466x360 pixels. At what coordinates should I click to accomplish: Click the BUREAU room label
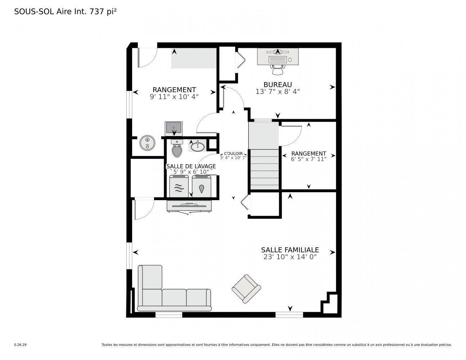(x=277, y=85)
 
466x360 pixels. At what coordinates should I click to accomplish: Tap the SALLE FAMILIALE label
(x=290, y=250)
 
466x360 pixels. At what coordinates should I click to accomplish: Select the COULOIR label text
(x=233, y=153)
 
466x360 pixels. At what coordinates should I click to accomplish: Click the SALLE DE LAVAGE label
(x=191, y=166)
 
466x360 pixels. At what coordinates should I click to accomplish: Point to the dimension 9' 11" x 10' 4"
(x=174, y=96)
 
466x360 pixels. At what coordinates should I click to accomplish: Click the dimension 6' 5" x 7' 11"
(x=308, y=159)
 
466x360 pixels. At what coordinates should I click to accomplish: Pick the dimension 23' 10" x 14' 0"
(x=290, y=257)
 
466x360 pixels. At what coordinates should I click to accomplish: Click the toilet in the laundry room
(x=177, y=149)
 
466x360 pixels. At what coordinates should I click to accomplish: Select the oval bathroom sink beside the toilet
(x=197, y=147)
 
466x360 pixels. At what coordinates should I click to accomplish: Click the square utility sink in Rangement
(x=174, y=128)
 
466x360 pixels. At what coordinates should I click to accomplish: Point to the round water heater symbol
(x=147, y=143)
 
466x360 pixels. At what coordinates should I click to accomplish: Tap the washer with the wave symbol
(x=179, y=186)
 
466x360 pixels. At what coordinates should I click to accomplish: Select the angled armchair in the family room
(x=246, y=288)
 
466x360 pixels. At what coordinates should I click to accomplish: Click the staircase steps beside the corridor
(x=264, y=169)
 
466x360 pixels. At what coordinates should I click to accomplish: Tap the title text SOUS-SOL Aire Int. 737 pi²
(x=65, y=12)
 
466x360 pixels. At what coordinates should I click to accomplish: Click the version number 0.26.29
(x=20, y=345)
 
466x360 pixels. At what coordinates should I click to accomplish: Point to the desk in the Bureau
(x=277, y=57)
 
